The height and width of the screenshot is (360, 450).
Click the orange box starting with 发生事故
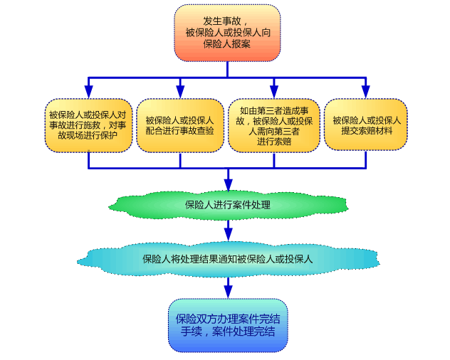click(x=227, y=33)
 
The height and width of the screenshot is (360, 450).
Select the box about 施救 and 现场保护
click(x=88, y=125)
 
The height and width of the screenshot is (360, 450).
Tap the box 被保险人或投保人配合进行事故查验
click(x=179, y=125)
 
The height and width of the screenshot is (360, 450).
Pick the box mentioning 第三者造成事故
click(x=274, y=125)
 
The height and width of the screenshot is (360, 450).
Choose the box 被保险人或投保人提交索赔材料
click(x=366, y=125)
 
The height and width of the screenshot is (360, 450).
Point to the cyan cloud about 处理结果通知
click(x=227, y=259)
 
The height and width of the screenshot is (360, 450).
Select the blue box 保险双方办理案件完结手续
click(x=227, y=325)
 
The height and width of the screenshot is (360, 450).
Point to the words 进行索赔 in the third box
click(x=274, y=141)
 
